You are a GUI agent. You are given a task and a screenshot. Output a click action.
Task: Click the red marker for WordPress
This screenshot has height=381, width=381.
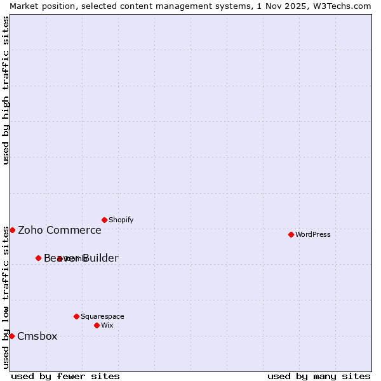[x=291, y=234]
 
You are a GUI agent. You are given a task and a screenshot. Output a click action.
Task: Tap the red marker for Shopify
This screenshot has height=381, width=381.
[x=104, y=220]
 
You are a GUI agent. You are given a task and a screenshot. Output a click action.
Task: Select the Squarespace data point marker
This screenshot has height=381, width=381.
[x=76, y=316]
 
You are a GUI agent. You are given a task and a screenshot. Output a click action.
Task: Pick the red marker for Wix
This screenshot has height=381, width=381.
[x=97, y=325]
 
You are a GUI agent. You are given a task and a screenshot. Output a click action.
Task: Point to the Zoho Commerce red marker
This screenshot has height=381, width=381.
[x=12, y=230]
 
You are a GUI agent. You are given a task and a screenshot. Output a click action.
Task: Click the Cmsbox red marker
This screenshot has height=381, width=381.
[x=11, y=336]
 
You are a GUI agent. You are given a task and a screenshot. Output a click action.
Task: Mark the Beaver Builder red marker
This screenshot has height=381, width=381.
[x=38, y=258]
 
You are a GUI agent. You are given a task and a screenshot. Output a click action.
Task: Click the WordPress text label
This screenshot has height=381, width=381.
[x=313, y=234]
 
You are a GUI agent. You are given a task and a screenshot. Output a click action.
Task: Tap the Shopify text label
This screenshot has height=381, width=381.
[x=121, y=220]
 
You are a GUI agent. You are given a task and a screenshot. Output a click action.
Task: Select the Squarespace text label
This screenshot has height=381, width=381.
[x=102, y=316]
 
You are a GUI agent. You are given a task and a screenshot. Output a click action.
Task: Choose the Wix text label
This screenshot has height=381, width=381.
[x=107, y=325]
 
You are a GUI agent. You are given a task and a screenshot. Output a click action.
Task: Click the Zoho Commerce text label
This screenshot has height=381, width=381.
[x=60, y=230]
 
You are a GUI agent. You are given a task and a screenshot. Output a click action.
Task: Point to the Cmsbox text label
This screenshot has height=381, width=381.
[x=37, y=336]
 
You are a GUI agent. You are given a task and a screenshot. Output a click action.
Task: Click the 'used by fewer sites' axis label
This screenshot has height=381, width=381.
[x=65, y=376]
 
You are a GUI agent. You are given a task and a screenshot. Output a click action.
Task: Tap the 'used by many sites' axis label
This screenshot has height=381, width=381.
[x=319, y=376]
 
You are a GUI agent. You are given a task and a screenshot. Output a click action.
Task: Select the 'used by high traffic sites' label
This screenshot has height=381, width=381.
[x=6, y=90]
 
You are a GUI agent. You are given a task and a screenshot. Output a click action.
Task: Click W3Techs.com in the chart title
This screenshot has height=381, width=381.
[x=342, y=6]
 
